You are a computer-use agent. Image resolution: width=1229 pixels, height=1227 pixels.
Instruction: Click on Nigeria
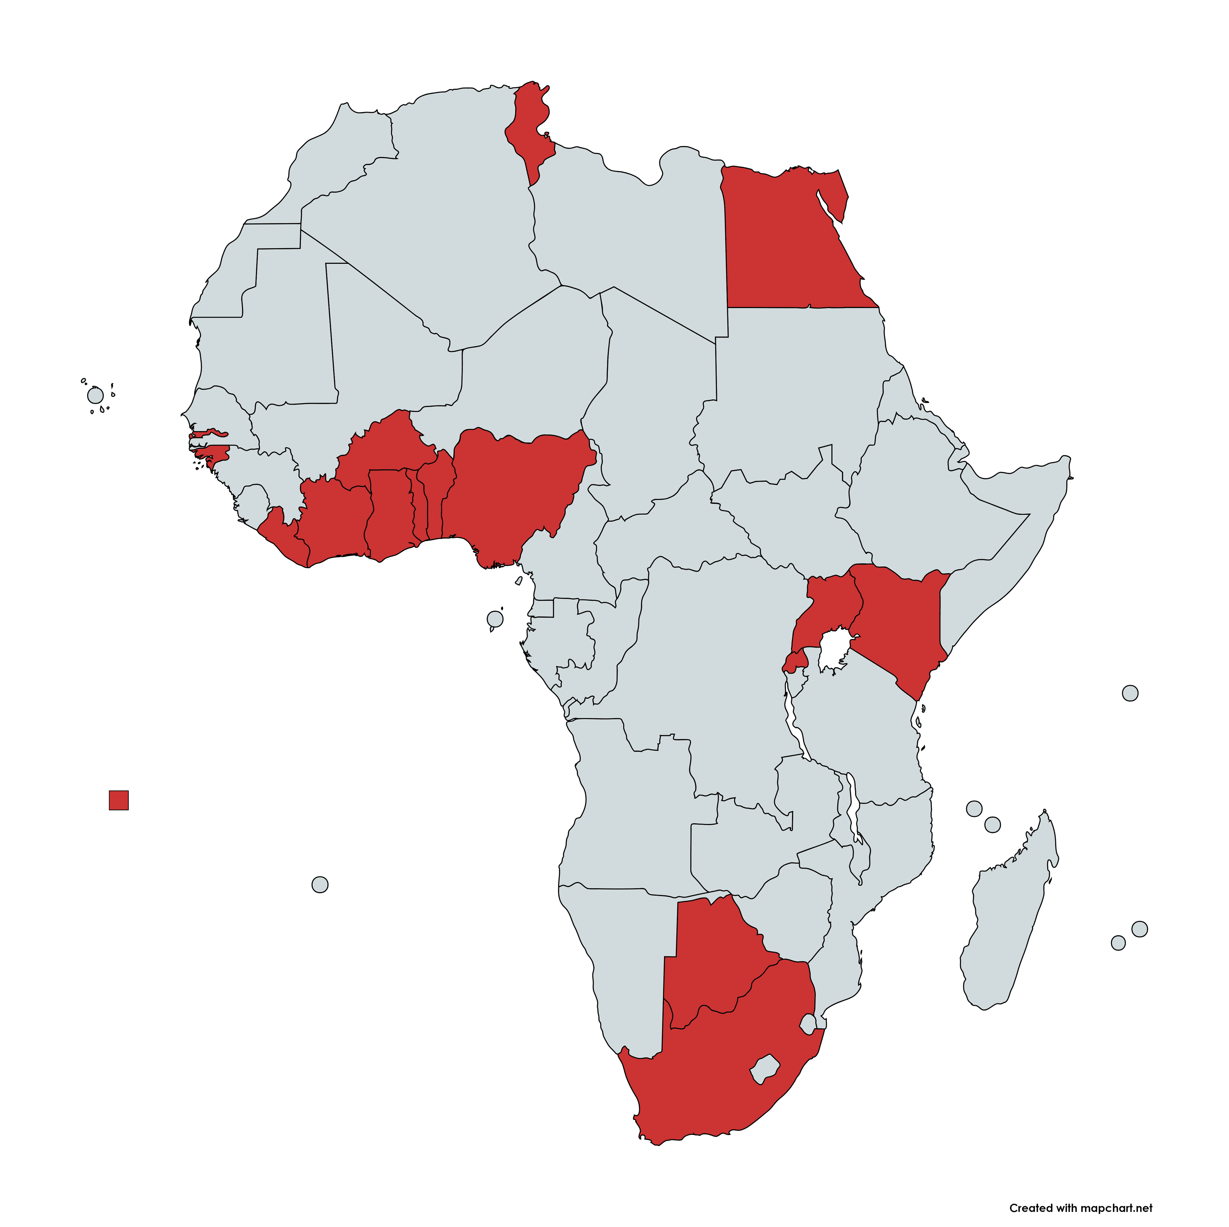tap(515, 489)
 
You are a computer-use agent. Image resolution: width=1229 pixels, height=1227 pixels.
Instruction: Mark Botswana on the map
tap(712, 954)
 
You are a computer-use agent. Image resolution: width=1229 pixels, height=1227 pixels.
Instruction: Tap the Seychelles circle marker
tap(1130, 693)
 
